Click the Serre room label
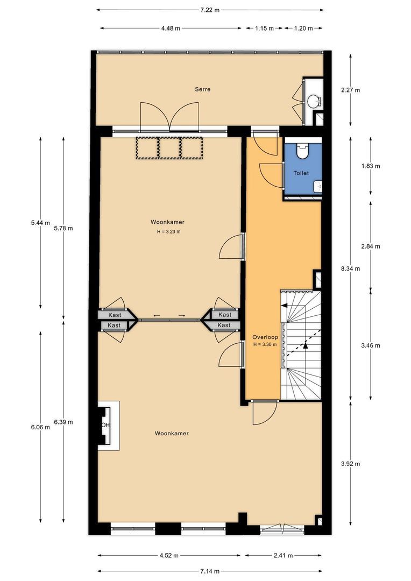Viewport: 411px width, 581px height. click(203, 89)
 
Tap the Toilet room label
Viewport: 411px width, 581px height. click(301, 173)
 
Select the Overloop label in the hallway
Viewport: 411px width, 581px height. click(265, 337)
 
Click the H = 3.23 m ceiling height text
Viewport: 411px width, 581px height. click(168, 232)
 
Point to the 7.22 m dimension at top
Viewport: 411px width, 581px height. click(210, 10)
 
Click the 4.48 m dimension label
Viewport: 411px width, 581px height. click(171, 28)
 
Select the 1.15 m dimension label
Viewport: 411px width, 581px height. click(264, 28)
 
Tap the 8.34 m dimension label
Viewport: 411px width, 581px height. click(350, 268)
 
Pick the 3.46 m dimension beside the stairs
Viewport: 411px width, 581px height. click(371, 346)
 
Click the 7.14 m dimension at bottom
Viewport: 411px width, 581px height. click(209, 571)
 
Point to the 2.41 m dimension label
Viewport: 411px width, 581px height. click(283, 555)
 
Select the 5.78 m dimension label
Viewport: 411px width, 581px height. click(63, 228)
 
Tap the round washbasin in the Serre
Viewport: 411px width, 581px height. click(315, 101)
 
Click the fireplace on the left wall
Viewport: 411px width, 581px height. click(109, 426)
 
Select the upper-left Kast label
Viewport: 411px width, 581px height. click(115, 315)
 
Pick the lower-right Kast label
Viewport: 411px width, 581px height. click(224, 325)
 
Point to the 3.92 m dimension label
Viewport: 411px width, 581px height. click(350, 464)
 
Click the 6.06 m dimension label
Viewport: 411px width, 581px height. click(40, 427)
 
